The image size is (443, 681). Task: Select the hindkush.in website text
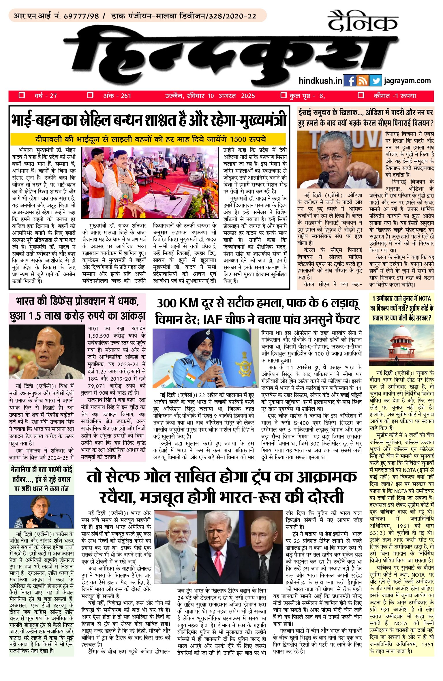tap(320, 81)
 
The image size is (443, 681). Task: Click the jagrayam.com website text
tap(407, 81)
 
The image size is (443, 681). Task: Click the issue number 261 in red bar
tap(126, 96)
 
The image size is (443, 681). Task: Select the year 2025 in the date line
tap(248, 96)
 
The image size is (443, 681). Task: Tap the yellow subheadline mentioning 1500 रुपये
tap(148, 139)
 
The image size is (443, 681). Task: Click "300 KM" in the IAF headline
tap(177, 303)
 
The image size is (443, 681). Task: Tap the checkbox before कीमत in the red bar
tap(361, 95)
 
